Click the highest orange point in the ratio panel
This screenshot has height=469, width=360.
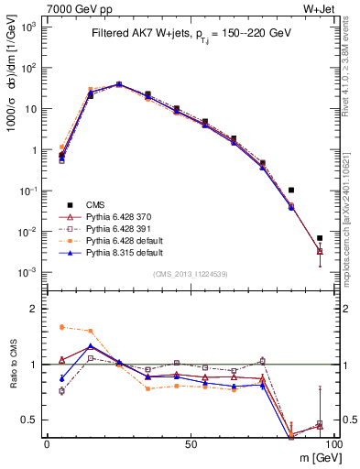(x=61, y=327)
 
